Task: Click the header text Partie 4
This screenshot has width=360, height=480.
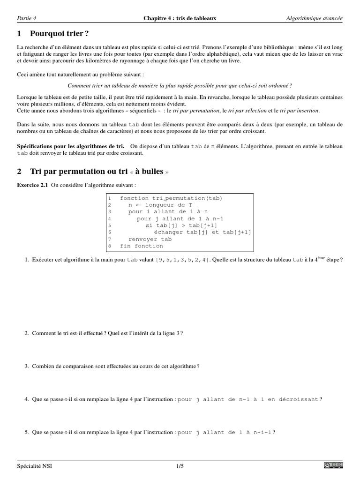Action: coord(26,18)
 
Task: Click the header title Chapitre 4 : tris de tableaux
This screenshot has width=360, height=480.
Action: coord(180,18)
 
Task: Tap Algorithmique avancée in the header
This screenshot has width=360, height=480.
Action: coord(314,18)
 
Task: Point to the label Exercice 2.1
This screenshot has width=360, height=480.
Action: coord(32,185)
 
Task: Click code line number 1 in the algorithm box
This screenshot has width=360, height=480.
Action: coord(109,198)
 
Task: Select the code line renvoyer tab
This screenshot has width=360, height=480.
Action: coord(147,239)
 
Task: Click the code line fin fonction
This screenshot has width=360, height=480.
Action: coord(142,246)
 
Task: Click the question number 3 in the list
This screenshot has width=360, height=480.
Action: coord(27,366)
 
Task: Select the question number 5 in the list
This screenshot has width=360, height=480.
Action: coord(27,433)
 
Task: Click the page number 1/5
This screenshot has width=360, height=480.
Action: coord(180,466)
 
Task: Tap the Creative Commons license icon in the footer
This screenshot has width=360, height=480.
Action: coord(333,465)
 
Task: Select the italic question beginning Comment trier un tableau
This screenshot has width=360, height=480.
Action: coord(180,86)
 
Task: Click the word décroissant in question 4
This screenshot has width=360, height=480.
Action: coord(300,399)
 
